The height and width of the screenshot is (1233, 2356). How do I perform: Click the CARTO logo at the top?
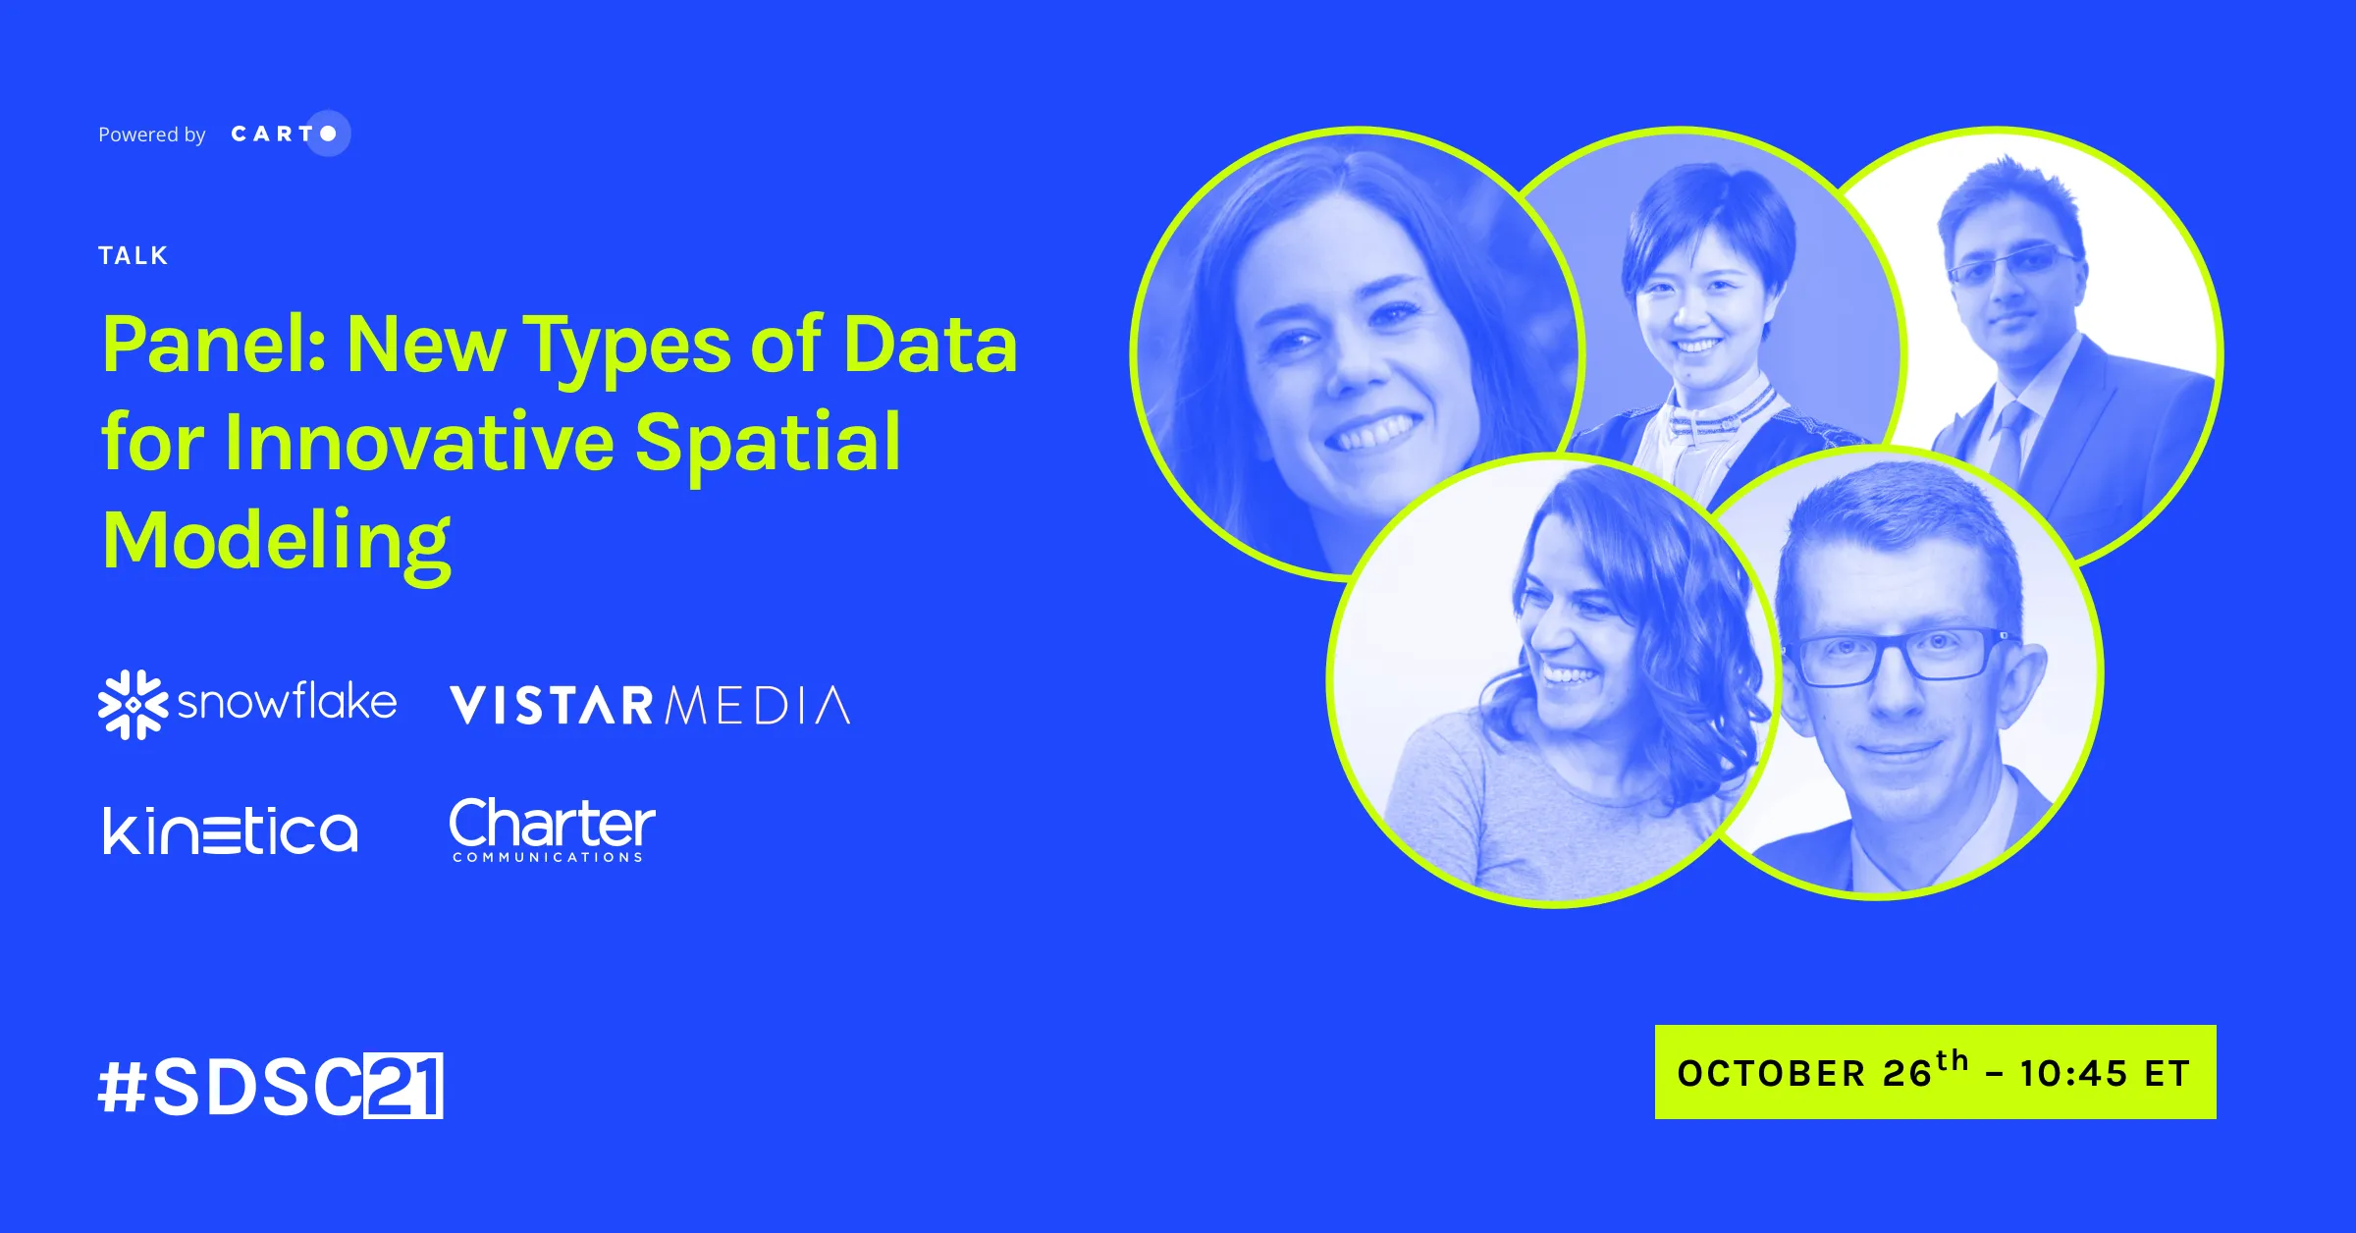(x=291, y=134)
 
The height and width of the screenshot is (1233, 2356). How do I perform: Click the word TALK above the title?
(x=134, y=256)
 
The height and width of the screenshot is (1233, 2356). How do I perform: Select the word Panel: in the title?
(x=215, y=346)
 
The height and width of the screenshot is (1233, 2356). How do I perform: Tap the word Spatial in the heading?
(x=768, y=442)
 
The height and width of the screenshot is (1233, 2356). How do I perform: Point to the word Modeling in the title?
(x=277, y=543)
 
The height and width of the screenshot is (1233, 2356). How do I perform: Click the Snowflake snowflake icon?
(x=133, y=704)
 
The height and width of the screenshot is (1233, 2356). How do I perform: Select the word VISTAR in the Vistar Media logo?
(x=552, y=706)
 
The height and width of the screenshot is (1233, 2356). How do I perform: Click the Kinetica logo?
(x=231, y=831)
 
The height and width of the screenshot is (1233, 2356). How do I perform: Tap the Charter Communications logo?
(x=552, y=830)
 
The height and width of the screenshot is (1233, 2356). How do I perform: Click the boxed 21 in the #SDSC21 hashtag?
(x=403, y=1086)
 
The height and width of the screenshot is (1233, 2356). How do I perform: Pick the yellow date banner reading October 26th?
(x=1935, y=1072)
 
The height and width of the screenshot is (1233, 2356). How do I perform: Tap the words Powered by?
(x=152, y=134)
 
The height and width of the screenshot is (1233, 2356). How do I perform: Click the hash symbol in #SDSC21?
(x=123, y=1087)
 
